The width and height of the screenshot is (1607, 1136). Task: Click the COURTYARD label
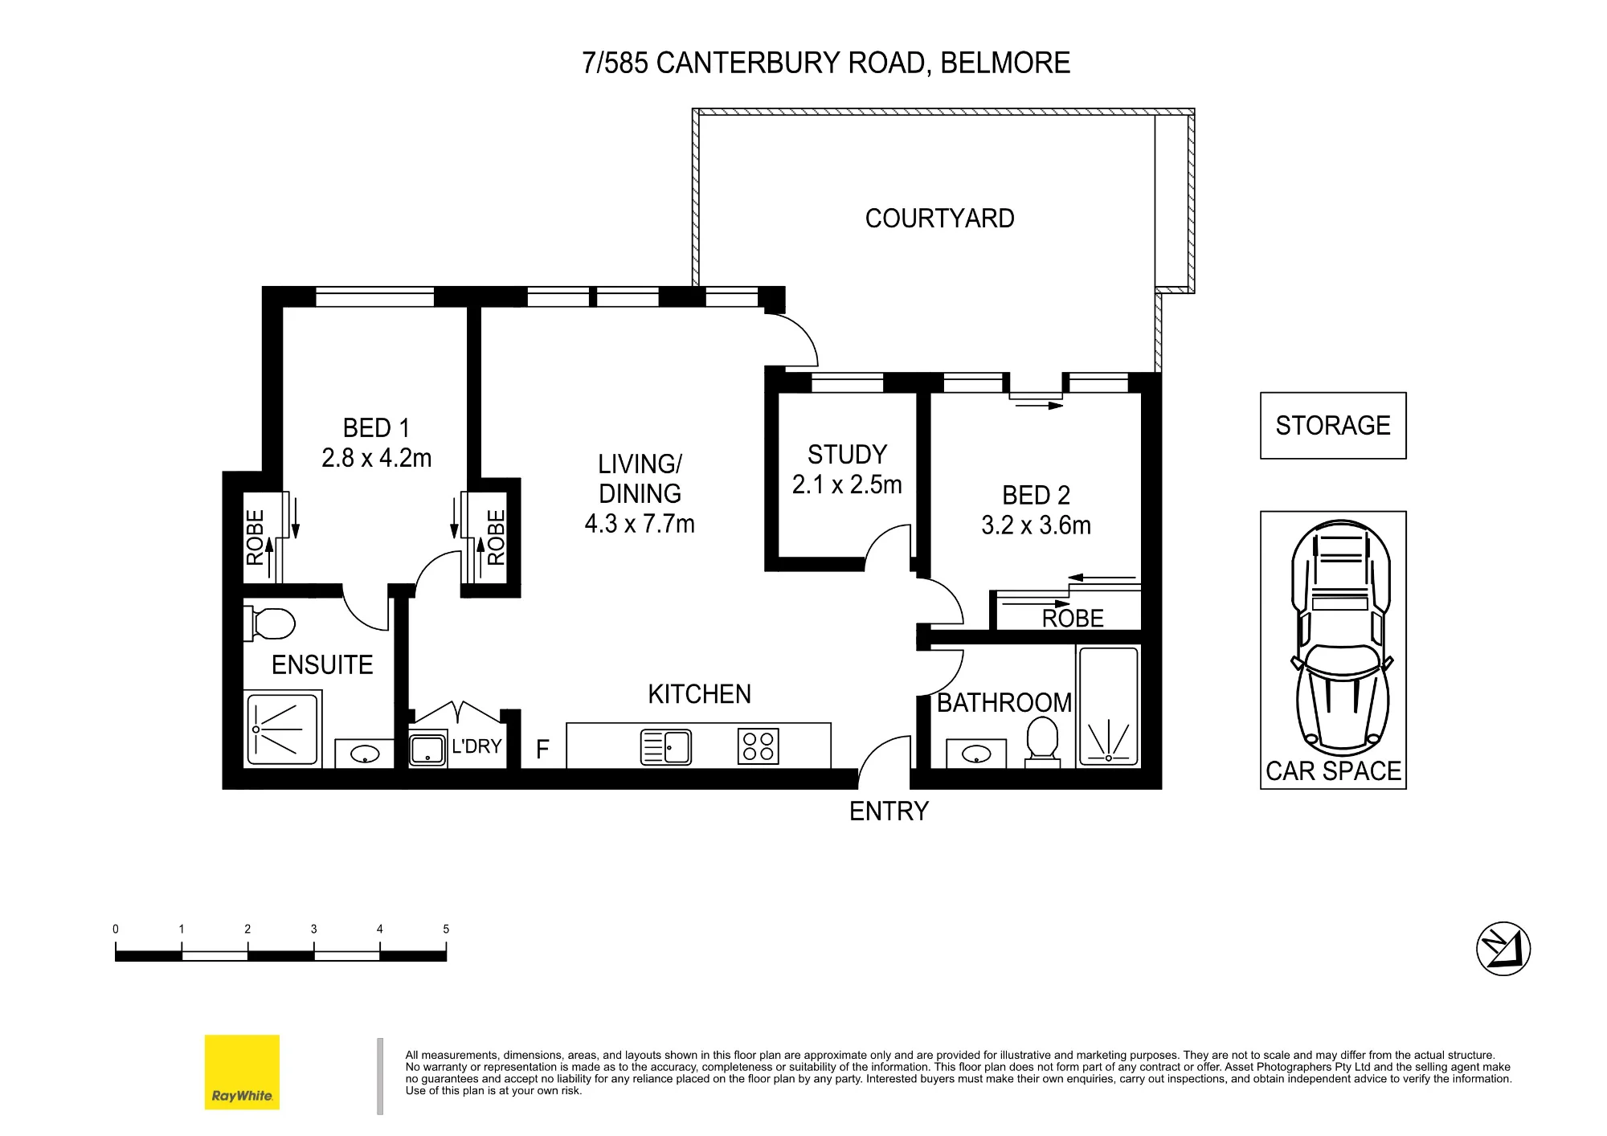939,219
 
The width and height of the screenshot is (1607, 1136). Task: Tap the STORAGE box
1333,426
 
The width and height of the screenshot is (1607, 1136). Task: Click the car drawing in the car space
1341,638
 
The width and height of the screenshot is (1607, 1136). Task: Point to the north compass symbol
1503,949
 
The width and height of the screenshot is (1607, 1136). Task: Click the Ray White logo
242,1072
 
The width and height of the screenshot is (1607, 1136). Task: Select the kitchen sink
666,747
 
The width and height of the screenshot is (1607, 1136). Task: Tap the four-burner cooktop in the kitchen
758,746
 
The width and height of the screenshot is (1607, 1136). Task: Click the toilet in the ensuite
269,623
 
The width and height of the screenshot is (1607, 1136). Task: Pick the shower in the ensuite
282,729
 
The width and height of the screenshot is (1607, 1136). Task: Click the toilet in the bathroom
1042,741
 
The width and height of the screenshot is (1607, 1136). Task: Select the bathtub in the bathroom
1108,705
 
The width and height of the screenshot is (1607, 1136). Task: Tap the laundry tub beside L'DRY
428,750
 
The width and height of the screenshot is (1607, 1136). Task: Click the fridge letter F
542,750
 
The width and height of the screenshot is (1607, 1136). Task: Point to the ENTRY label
889,811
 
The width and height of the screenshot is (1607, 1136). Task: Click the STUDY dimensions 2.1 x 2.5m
847,484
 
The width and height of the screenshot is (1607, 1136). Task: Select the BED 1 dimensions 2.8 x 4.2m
376,458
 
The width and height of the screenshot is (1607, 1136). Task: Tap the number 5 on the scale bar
446,930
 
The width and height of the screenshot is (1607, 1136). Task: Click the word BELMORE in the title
1005,63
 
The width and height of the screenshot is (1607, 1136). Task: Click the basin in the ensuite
365,754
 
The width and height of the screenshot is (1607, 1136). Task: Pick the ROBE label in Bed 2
1073,619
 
